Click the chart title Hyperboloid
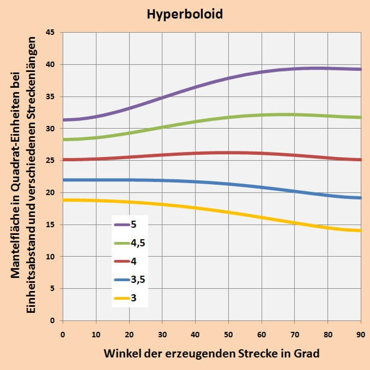coord(185,14)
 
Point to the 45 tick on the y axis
coord(51,33)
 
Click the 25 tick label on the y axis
coord(51,161)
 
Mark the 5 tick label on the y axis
coord(53,289)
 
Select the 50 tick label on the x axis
coord(228,333)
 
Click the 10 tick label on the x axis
coord(96,333)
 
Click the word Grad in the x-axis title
coord(307,353)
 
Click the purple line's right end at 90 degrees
coord(361,69)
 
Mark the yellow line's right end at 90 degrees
coord(361,231)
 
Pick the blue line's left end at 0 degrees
coord(63,180)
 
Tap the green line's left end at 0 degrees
coord(63,139)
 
